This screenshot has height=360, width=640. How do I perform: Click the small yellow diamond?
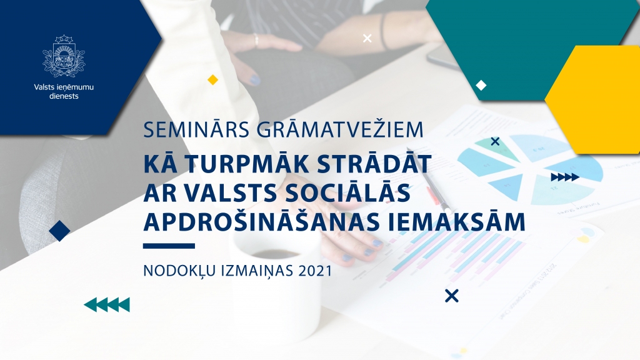coord(212,79)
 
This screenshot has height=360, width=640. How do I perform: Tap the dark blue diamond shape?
coord(59,231)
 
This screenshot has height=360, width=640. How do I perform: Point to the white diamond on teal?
coord(481,85)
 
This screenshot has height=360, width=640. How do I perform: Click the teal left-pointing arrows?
coord(107,304)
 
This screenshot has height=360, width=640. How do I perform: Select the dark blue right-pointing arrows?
coord(564,177)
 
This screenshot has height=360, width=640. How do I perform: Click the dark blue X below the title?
coord(451,296)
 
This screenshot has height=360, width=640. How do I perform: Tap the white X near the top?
coord(367,39)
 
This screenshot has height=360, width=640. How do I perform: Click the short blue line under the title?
coord(169,246)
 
